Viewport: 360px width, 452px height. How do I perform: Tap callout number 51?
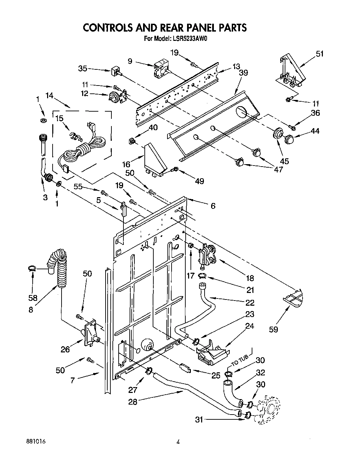pos(319,54)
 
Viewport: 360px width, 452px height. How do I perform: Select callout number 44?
pos(315,131)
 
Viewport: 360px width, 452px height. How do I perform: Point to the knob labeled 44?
pos(290,139)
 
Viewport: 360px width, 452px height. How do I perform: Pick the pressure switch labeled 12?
pos(115,97)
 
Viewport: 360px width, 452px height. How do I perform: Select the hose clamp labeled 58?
pos(32,269)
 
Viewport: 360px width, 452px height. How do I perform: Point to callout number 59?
pos(274,329)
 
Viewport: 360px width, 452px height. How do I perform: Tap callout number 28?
pos(133,401)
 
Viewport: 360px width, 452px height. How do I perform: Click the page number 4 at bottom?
pos(178,442)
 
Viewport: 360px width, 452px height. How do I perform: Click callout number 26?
pos(65,349)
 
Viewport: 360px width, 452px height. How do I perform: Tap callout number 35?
pos(83,68)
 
